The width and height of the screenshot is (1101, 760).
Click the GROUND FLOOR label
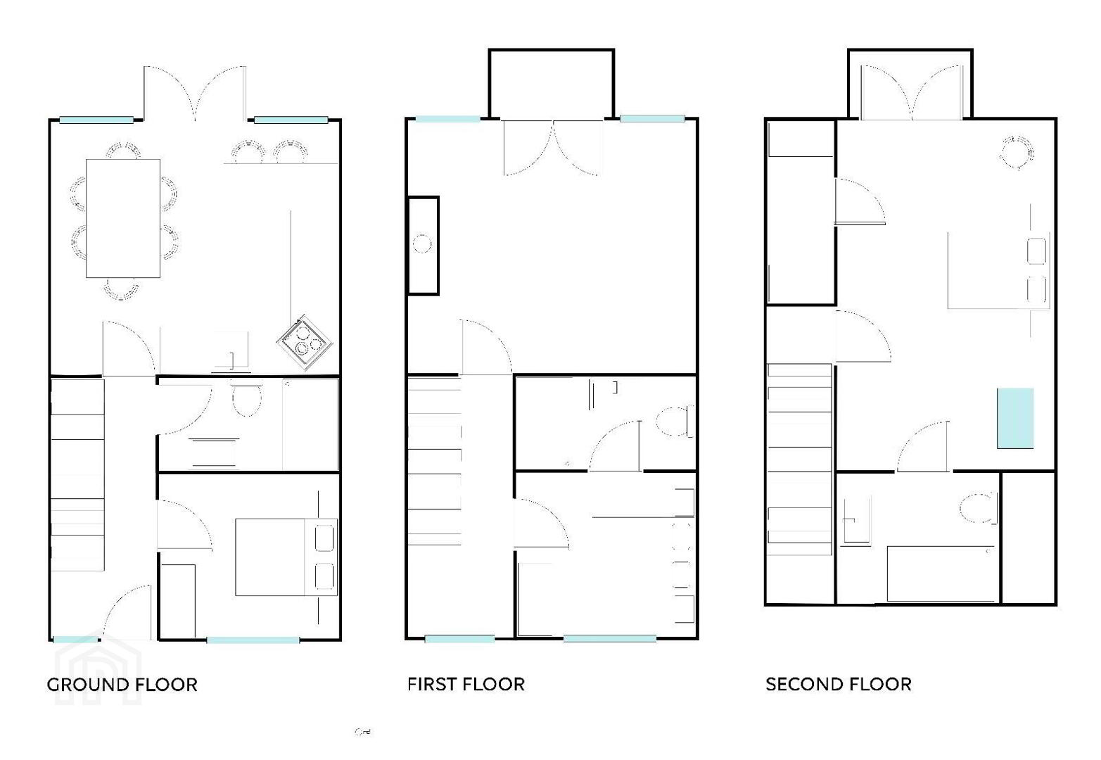click(x=122, y=685)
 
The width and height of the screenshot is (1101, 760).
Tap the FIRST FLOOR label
click(x=466, y=684)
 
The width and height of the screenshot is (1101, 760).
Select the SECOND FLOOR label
click(x=839, y=684)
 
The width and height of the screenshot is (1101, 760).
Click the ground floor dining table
click(x=123, y=218)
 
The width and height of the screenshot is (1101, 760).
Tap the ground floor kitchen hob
click(x=305, y=342)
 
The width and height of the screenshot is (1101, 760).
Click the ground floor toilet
click(x=246, y=397)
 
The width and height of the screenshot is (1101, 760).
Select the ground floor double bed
click(x=286, y=557)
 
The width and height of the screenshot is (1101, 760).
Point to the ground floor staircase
click(x=77, y=474)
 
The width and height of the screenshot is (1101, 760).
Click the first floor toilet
click(x=675, y=422)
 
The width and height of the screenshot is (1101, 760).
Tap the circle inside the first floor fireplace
click(x=421, y=244)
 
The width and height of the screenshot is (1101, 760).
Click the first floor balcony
click(x=552, y=84)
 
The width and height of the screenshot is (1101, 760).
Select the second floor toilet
click(x=978, y=508)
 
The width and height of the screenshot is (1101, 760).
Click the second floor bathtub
click(x=941, y=574)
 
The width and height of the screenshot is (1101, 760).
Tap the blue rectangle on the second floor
click(x=1015, y=418)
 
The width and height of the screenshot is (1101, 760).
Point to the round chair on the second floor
click(x=1017, y=153)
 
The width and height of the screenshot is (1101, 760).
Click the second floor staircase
click(x=800, y=459)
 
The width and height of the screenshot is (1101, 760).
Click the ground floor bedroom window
click(x=253, y=640)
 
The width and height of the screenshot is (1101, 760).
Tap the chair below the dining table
click(x=121, y=289)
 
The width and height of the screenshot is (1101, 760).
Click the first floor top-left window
click(x=447, y=119)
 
